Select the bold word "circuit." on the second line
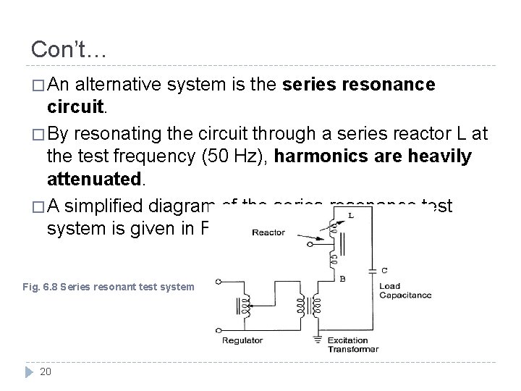pos(77,106)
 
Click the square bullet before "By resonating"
pos(36,135)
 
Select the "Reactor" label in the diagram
pos(268,233)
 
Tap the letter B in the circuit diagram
pos(362,277)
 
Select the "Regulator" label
pos(242,340)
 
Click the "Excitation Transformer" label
pos(353,345)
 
